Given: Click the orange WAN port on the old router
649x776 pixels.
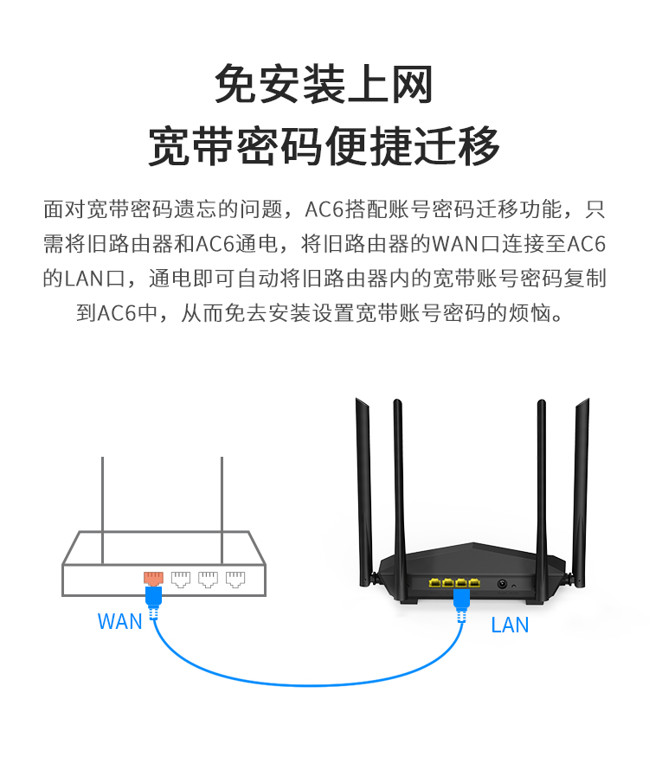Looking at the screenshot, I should [153, 578].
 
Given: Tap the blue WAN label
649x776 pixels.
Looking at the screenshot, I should [119, 622].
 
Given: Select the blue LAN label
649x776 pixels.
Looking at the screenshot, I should [510, 625].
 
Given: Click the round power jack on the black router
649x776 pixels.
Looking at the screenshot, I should [501, 583].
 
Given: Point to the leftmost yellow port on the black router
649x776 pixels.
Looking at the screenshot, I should [434, 582].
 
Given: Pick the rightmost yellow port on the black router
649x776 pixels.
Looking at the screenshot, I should [473, 582].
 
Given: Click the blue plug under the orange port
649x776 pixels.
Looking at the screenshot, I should [154, 596].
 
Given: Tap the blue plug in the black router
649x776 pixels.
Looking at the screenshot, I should [460, 596].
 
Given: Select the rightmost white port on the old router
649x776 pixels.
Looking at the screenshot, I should [235, 579].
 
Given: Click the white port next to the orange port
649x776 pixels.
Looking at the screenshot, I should [181, 579].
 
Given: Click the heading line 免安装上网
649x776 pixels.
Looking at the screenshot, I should [324, 85].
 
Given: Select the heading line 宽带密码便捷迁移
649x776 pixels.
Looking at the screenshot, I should [324, 145].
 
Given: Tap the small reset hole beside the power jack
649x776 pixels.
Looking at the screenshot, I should [514, 587].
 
